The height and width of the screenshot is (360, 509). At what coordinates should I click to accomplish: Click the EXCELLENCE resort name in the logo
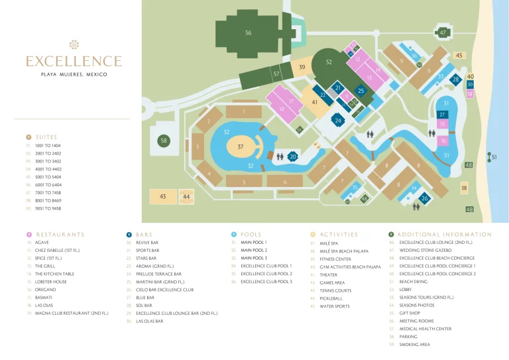(74, 62)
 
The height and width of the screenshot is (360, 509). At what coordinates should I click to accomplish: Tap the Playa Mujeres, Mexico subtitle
(74, 74)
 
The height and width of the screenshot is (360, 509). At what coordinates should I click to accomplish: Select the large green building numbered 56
(248, 32)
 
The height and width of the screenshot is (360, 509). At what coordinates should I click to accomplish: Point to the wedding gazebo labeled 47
(443, 32)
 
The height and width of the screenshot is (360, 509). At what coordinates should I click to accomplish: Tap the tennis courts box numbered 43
(163, 196)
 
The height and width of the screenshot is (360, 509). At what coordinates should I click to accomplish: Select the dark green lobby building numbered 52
(329, 62)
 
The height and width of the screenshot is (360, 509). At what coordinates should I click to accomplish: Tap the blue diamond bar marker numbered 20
(293, 156)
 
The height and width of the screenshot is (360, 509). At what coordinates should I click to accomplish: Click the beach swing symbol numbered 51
(491, 157)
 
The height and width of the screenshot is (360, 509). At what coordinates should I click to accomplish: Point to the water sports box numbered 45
(459, 56)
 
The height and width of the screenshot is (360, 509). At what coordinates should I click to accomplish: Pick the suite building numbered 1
(244, 112)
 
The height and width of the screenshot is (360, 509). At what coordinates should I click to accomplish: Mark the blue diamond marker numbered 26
(425, 198)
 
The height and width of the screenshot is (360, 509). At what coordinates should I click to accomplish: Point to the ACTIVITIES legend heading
(339, 234)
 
